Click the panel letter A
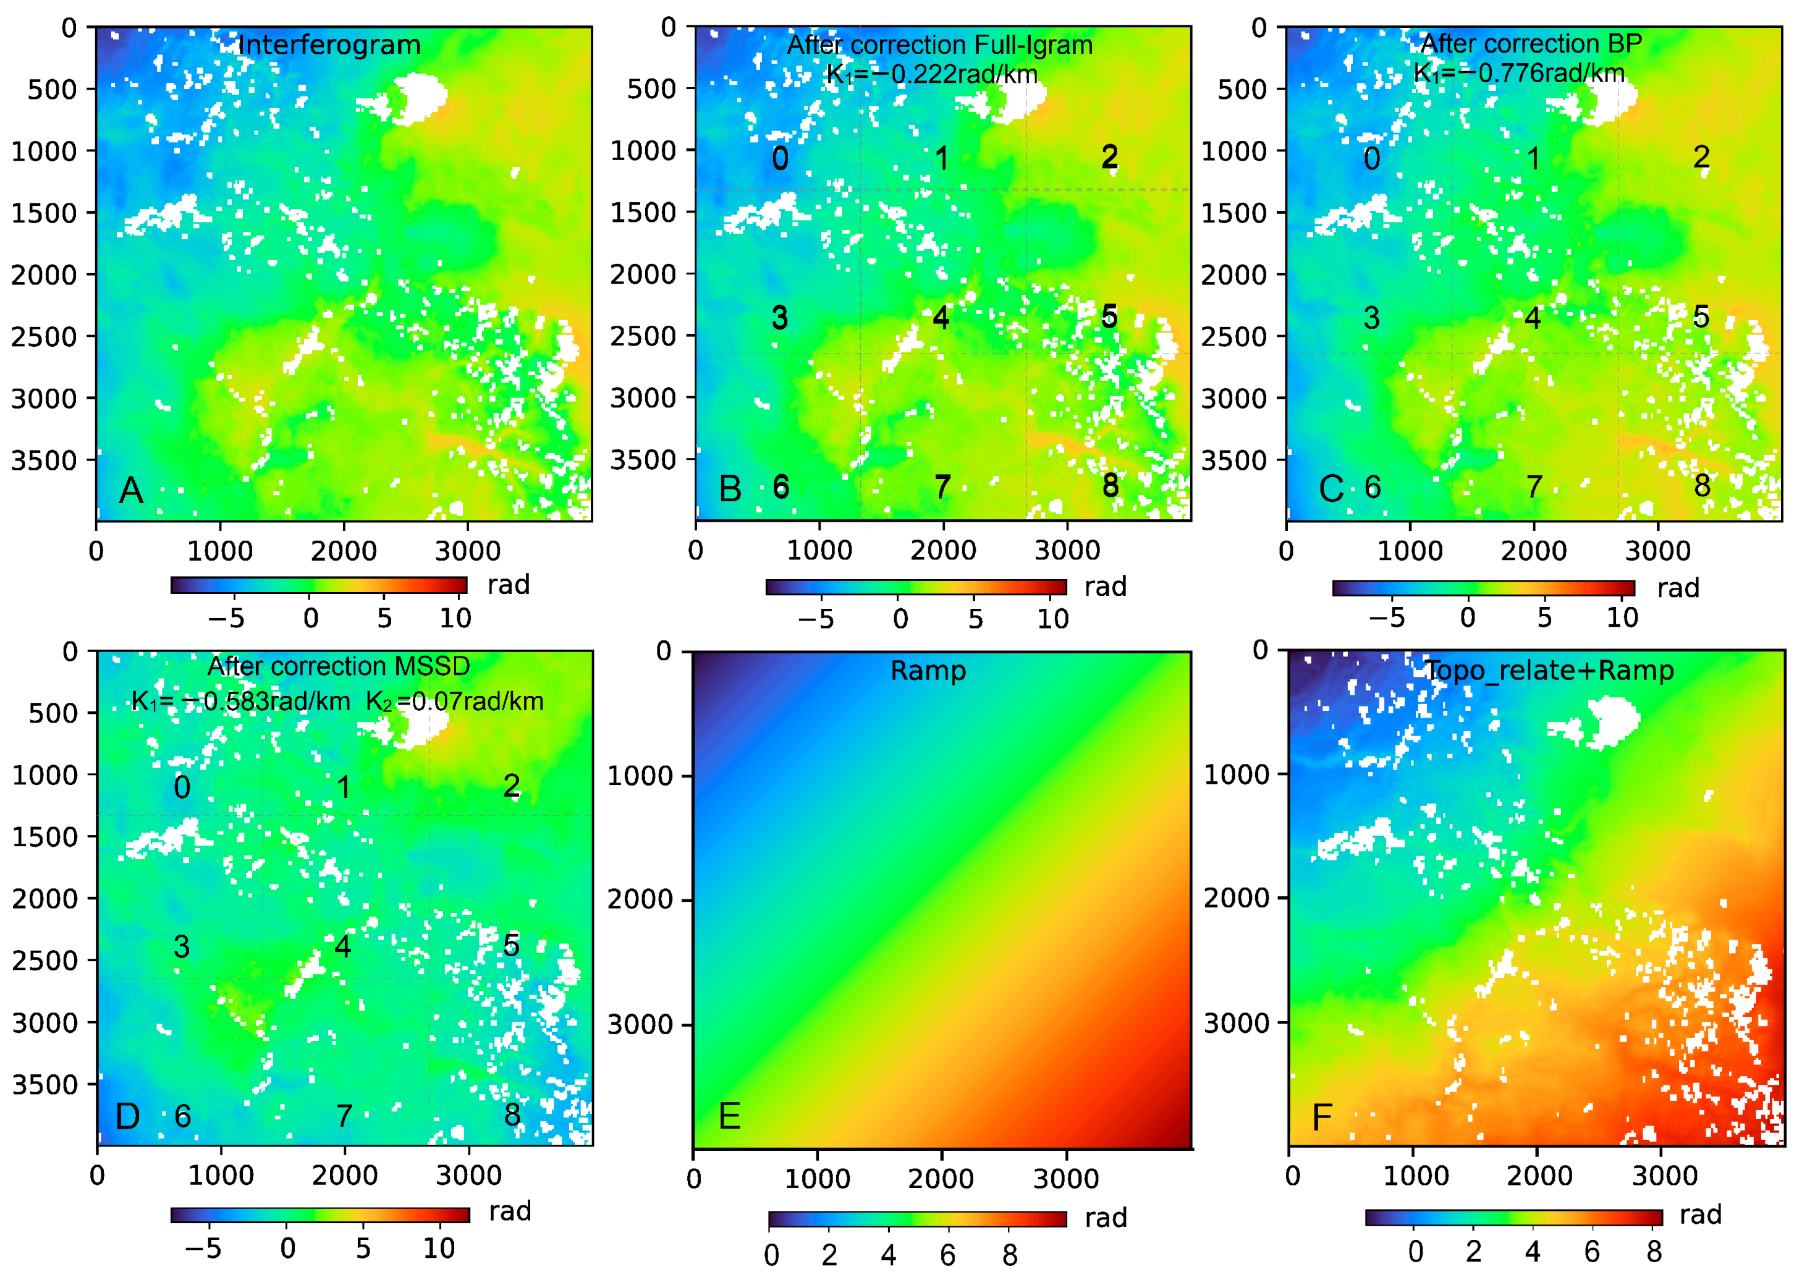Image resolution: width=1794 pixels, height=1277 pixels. [x=131, y=491]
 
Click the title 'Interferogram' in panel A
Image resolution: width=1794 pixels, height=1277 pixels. [x=329, y=45]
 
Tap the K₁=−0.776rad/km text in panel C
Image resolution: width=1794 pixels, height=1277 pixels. [x=1519, y=73]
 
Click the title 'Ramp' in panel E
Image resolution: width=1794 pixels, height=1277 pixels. [x=928, y=671]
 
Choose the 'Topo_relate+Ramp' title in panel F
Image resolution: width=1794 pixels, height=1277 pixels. [x=1549, y=671]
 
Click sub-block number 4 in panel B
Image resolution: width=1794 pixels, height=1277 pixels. [x=940, y=318]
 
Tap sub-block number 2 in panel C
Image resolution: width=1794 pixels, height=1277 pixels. [x=1701, y=156]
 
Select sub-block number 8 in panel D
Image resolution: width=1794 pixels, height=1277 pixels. [x=512, y=1114]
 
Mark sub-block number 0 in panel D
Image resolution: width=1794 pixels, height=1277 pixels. [x=182, y=787]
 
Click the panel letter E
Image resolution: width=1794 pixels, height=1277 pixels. [x=730, y=1116]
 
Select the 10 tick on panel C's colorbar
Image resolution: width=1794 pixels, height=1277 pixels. [x=1622, y=618]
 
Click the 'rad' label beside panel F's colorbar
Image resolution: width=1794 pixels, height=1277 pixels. [x=1701, y=1215]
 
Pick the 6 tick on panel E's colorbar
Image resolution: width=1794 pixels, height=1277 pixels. [x=948, y=1255]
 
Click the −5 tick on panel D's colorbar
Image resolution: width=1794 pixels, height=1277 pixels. [x=203, y=1248]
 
